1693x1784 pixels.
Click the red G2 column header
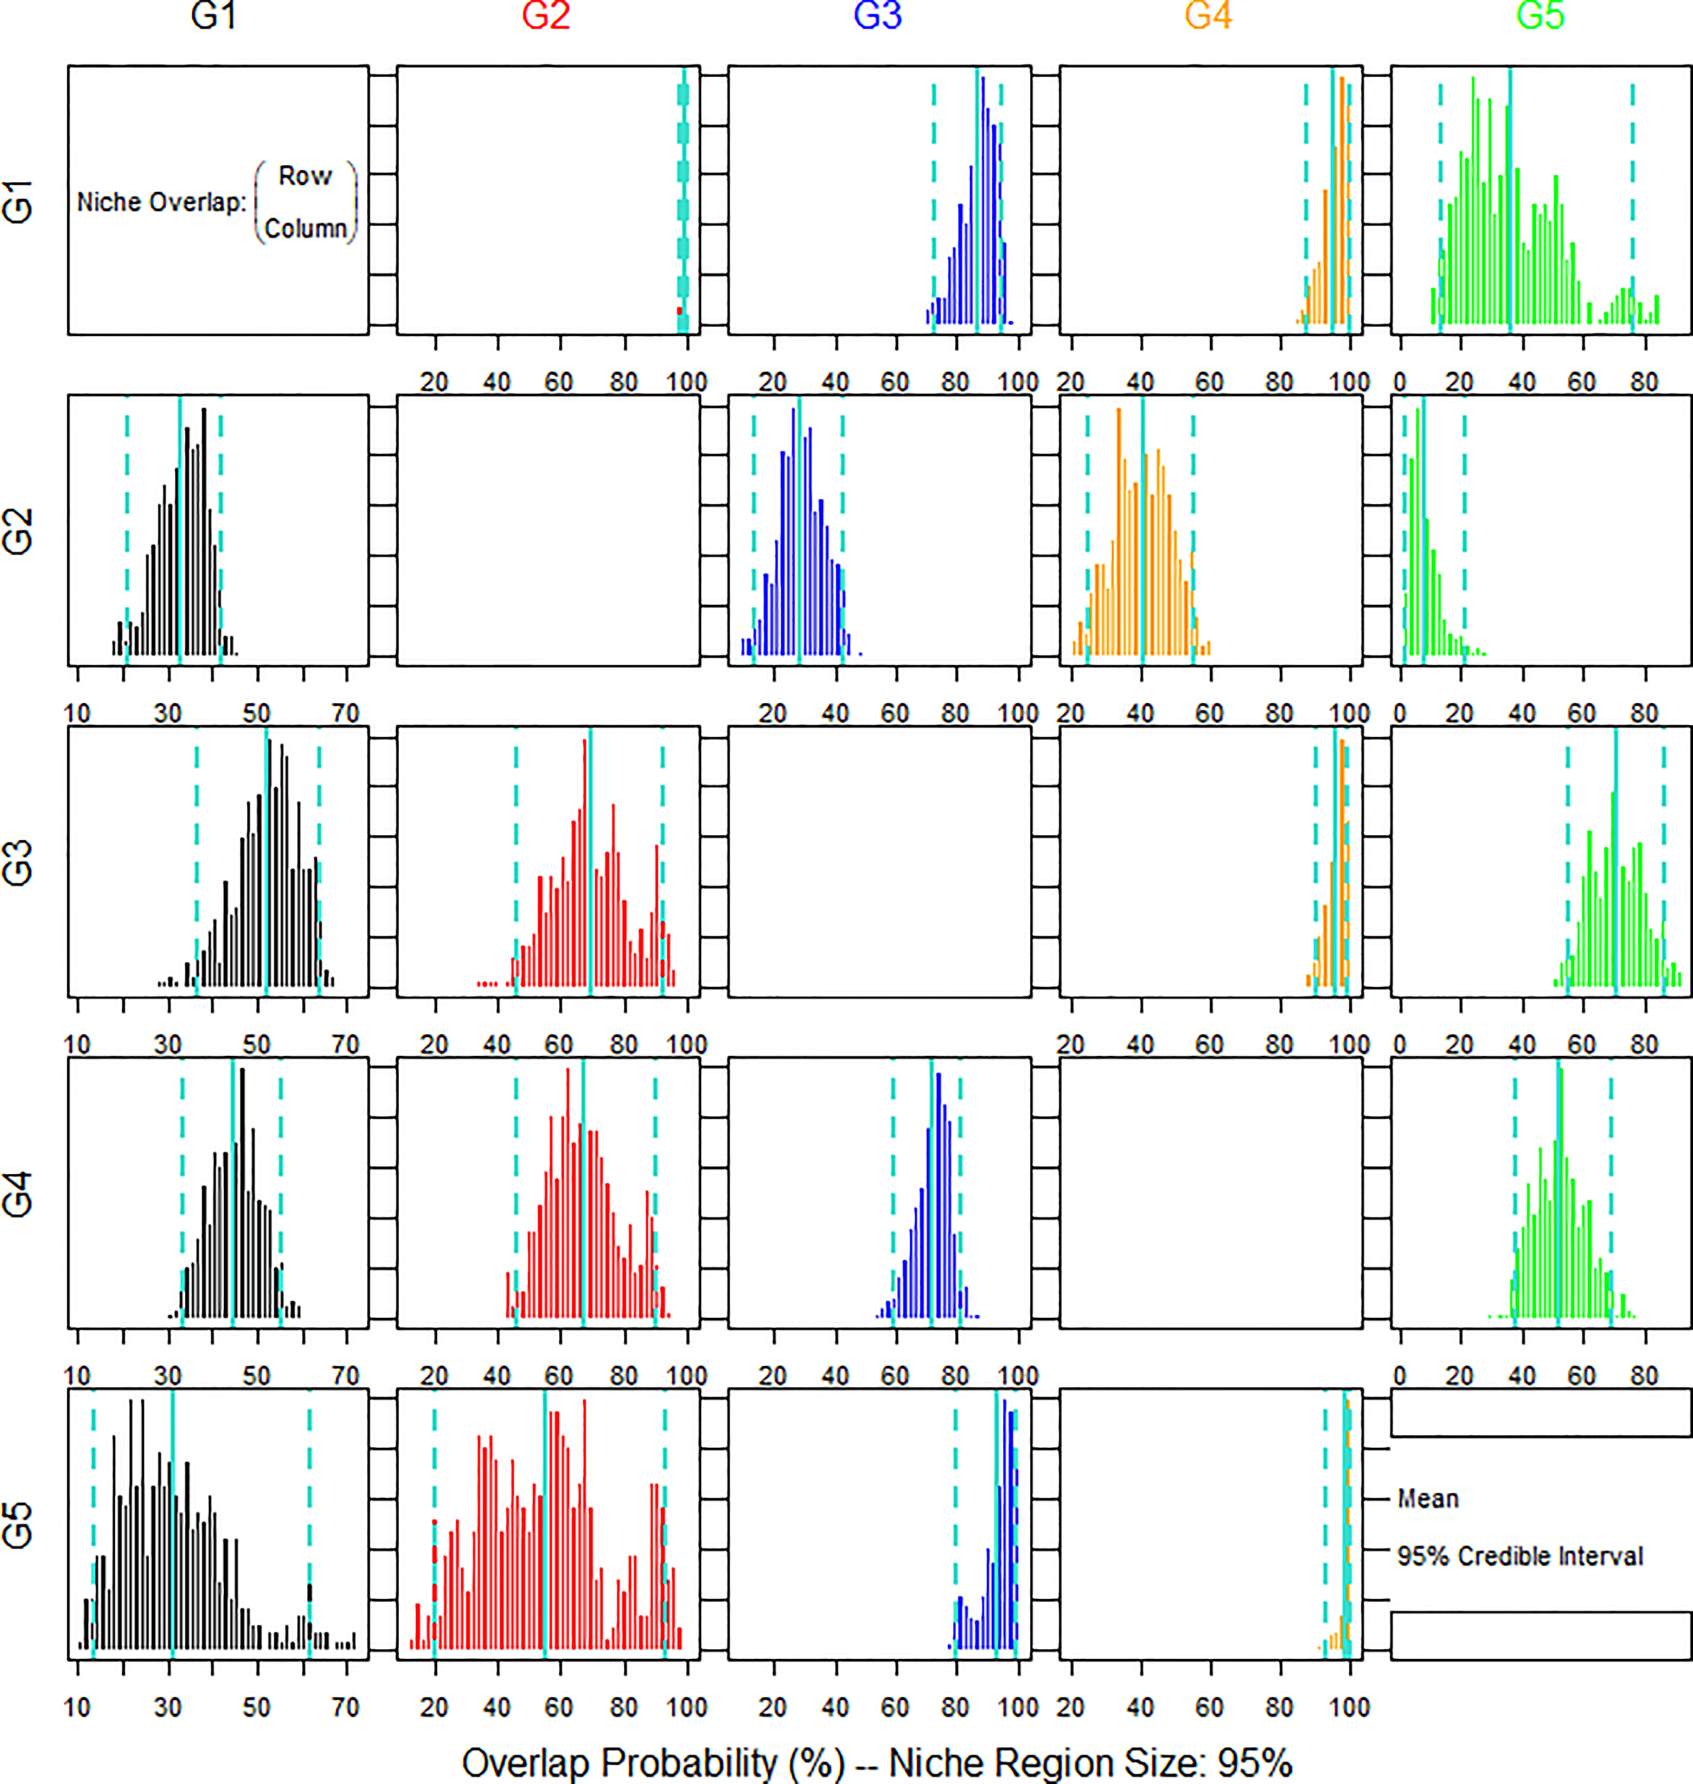[546, 16]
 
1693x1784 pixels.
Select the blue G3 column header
[877, 16]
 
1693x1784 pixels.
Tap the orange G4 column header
[1208, 16]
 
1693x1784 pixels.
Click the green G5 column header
[1540, 16]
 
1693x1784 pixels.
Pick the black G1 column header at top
[214, 16]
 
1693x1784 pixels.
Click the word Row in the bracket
[305, 176]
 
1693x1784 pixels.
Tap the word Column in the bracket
[305, 229]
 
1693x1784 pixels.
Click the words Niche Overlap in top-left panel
[161, 202]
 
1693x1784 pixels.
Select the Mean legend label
[1427, 1499]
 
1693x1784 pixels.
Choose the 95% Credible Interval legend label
[1520, 1556]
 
